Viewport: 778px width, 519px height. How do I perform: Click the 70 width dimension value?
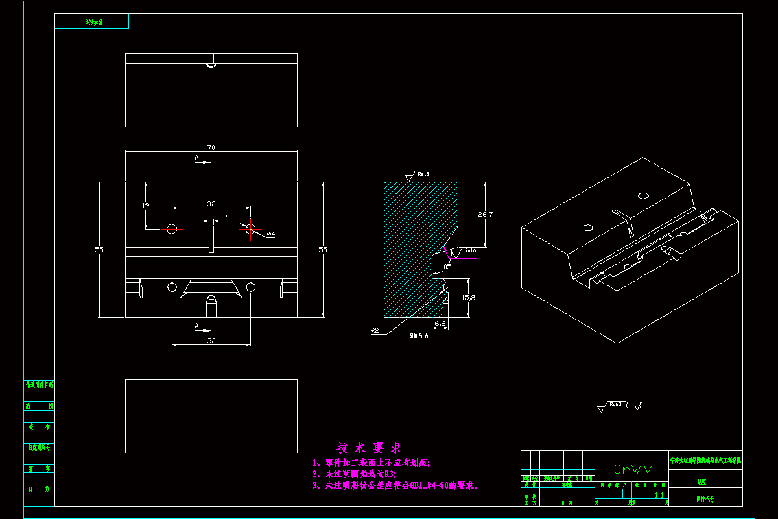click(x=211, y=148)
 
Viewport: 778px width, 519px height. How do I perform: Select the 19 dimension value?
click(x=145, y=205)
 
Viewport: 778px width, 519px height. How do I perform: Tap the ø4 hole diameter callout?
click(x=271, y=234)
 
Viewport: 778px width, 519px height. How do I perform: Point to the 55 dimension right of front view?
click(x=322, y=249)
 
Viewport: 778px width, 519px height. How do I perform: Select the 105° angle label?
click(x=447, y=266)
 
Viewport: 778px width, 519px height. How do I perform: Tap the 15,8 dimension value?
click(x=468, y=298)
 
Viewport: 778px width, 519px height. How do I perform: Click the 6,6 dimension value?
click(x=440, y=322)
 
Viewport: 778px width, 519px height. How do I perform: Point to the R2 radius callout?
click(x=375, y=330)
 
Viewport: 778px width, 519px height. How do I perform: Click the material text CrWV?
click(x=633, y=468)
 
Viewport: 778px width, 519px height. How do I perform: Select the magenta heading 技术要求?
click(x=370, y=448)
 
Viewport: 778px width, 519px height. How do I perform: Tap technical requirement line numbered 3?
click(x=395, y=485)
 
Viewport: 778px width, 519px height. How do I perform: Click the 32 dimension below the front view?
click(x=211, y=340)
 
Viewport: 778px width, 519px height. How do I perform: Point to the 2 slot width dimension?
click(x=225, y=217)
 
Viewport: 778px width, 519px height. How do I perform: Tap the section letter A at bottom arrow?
click(x=196, y=326)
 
